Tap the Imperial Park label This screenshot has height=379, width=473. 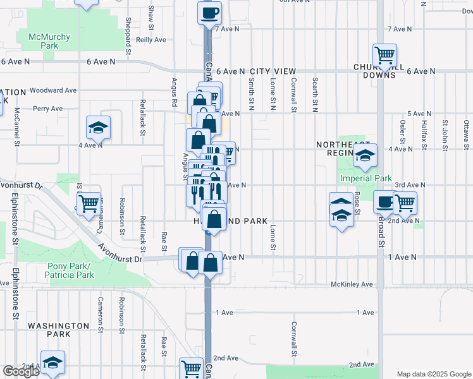point(367,179)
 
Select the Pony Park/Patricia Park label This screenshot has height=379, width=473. point(70,270)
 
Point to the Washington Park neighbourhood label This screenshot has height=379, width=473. point(58,329)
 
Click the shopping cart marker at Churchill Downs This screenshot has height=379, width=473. point(384,56)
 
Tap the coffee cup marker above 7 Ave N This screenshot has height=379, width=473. point(209,12)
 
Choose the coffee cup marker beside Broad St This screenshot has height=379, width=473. point(384,203)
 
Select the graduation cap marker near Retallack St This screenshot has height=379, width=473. point(99,128)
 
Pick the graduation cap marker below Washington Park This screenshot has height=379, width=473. point(53,363)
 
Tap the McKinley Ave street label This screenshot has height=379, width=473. point(352,284)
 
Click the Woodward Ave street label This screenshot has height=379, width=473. point(53,90)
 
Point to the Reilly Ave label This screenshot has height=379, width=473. point(150,39)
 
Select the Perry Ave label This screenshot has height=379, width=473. point(48,109)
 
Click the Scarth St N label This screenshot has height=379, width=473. point(315,93)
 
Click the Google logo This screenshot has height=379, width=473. point(21,371)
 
